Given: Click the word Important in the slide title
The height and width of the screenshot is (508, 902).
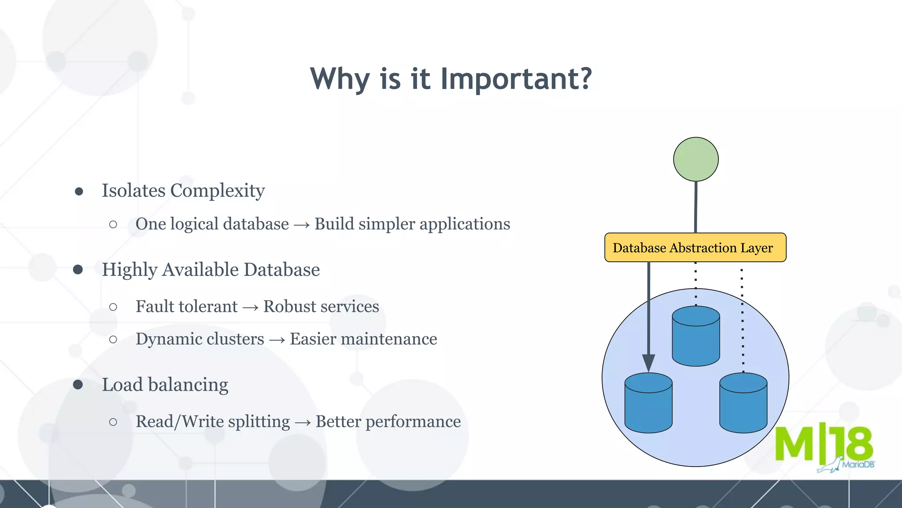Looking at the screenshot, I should tap(515, 79).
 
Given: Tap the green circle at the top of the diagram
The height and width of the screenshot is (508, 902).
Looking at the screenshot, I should tap(696, 159).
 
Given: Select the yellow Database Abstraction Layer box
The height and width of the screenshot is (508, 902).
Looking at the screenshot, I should tap(695, 248).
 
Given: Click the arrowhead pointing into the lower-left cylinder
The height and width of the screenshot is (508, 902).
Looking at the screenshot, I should tap(648, 363).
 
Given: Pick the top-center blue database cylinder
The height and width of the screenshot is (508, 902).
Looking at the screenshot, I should tap(696, 337).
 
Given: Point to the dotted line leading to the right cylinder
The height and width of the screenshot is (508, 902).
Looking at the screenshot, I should tap(743, 322).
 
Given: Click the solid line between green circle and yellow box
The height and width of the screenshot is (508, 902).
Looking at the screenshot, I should tap(696, 207).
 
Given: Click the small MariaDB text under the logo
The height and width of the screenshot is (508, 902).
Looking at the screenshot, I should tap(858, 464).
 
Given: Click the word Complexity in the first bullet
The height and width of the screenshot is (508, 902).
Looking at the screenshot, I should tap(218, 191).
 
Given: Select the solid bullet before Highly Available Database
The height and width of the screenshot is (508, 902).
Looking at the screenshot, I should tap(78, 270).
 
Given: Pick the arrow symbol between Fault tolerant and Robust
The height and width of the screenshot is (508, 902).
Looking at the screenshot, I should tap(250, 307).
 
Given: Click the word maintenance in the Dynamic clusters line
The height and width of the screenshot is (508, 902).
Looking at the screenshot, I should tap(389, 339).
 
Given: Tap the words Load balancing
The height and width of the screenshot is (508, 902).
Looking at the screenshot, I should tap(165, 385).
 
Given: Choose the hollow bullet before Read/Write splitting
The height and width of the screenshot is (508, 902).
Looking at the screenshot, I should tap(113, 422).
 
